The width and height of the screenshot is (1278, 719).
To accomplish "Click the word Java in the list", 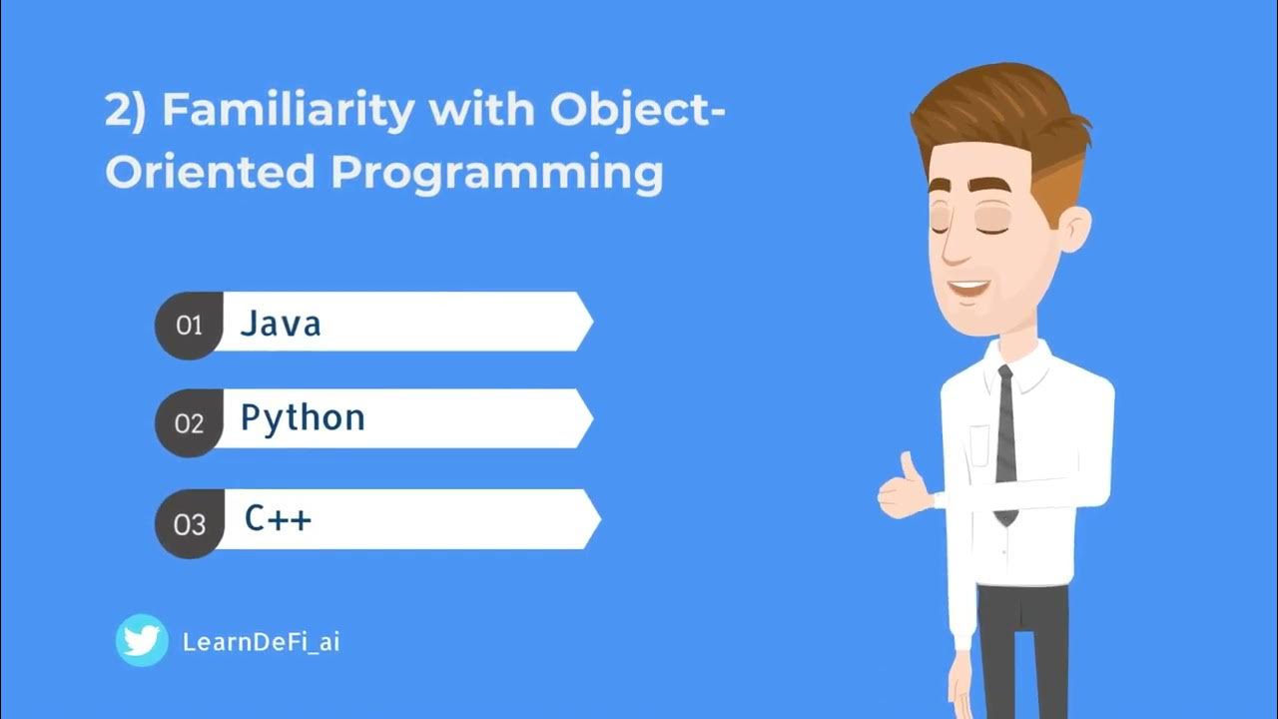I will [x=281, y=324].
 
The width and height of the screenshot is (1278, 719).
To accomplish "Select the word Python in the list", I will [x=303, y=418].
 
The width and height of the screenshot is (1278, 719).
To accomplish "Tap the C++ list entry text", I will [x=279, y=519].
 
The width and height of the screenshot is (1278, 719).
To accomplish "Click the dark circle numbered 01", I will [x=189, y=326].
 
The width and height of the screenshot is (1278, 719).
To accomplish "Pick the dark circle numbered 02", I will [x=189, y=423].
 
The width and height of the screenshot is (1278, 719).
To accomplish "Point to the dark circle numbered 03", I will [x=189, y=524].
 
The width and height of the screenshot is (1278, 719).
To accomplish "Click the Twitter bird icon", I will [x=142, y=640].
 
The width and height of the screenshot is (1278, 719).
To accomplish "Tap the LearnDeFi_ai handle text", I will [x=262, y=642].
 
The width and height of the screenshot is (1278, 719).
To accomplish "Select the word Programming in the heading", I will [x=496, y=172].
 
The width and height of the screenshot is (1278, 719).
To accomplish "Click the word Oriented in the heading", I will [x=210, y=172].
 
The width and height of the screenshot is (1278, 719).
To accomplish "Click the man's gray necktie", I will [x=1005, y=439].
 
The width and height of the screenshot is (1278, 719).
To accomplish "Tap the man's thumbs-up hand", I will [x=905, y=489].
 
